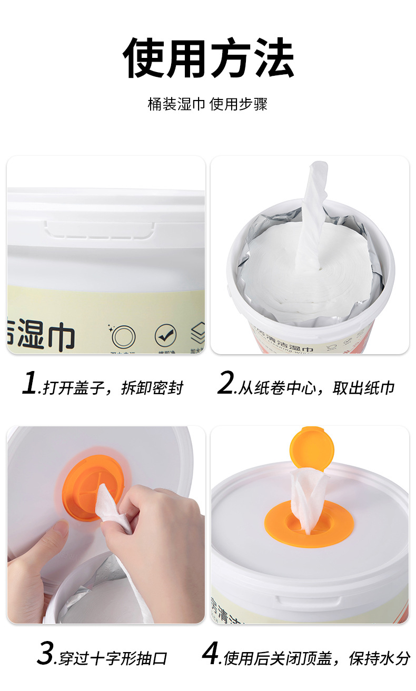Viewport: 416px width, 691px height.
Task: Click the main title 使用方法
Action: pos(208,58)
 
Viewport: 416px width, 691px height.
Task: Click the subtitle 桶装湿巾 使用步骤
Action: pos(207,104)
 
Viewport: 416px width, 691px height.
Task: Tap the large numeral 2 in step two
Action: pos(226,383)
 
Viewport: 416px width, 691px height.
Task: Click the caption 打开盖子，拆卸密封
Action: pos(113,388)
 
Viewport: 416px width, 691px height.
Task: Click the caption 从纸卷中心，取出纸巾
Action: pos(316,388)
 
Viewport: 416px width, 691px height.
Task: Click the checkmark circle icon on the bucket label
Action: pos(165,335)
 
